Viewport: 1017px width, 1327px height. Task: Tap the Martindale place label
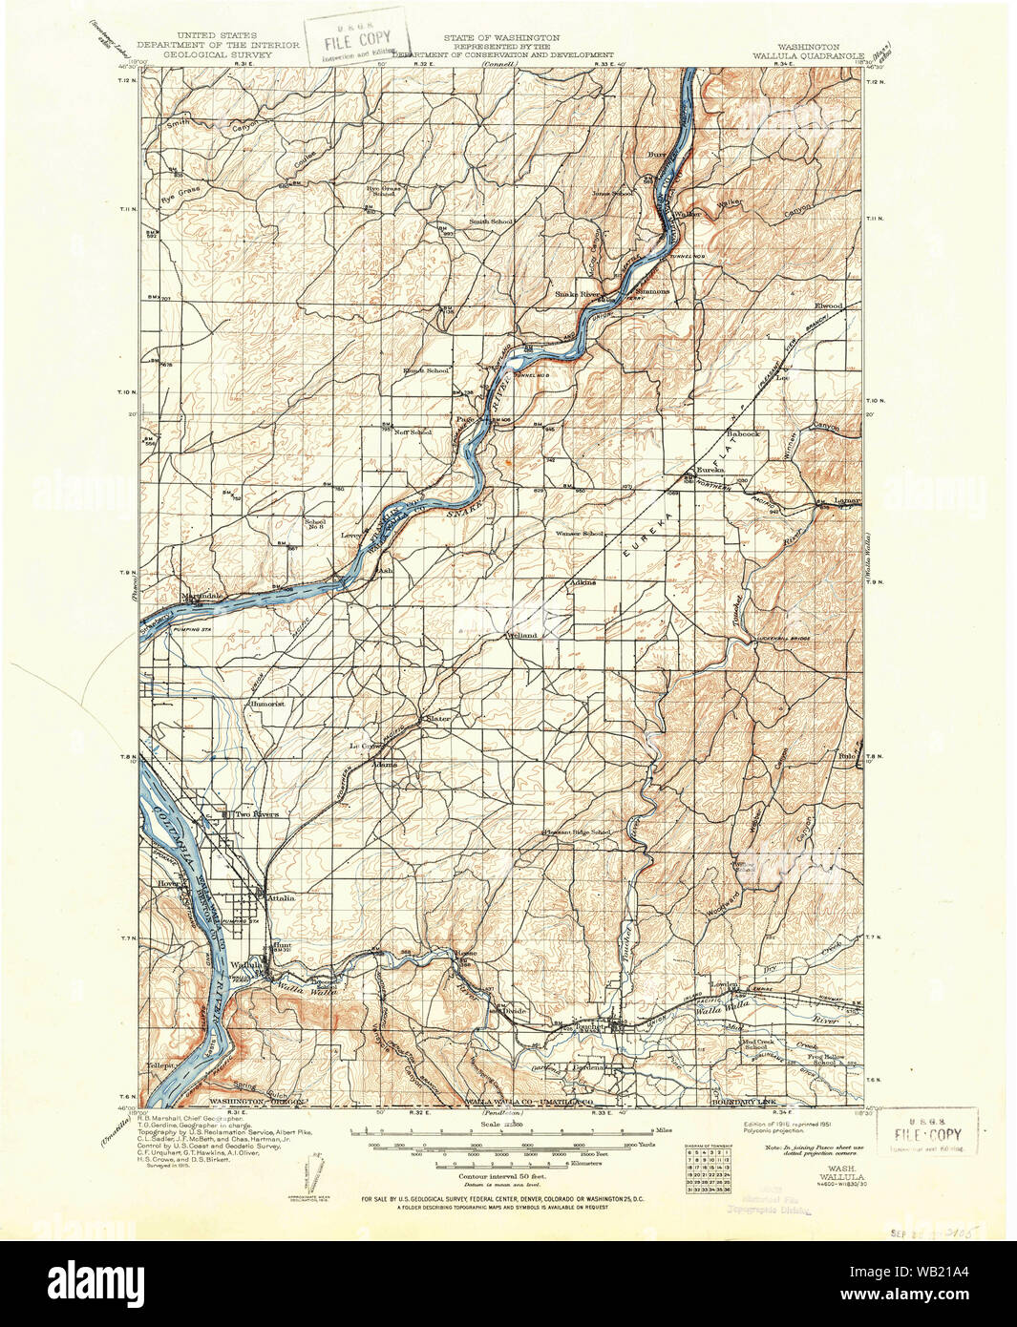click(x=201, y=596)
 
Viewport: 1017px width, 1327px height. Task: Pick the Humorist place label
click(x=266, y=704)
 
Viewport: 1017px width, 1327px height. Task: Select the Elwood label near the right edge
click(x=827, y=305)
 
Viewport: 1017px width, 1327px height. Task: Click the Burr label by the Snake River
click(x=655, y=153)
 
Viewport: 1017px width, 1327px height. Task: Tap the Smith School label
click(x=490, y=221)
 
